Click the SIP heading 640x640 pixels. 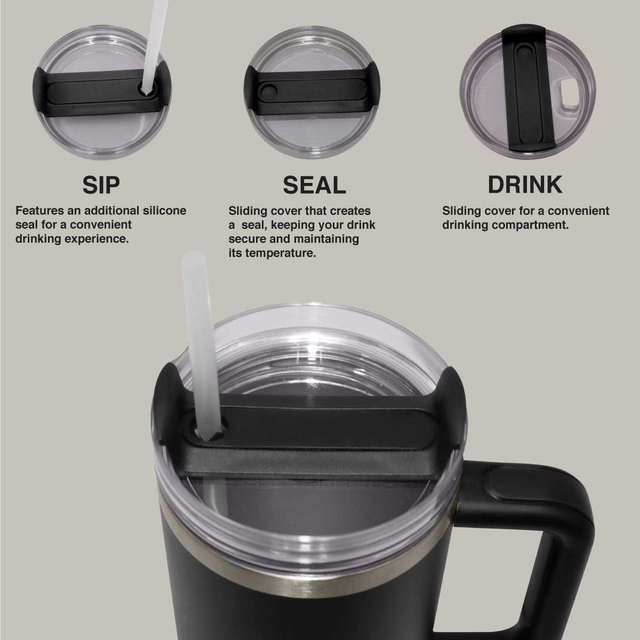click(101, 185)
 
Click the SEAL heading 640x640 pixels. click(314, 185)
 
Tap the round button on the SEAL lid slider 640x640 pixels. click(268, 92)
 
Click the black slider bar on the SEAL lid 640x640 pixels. click(312, 92)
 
